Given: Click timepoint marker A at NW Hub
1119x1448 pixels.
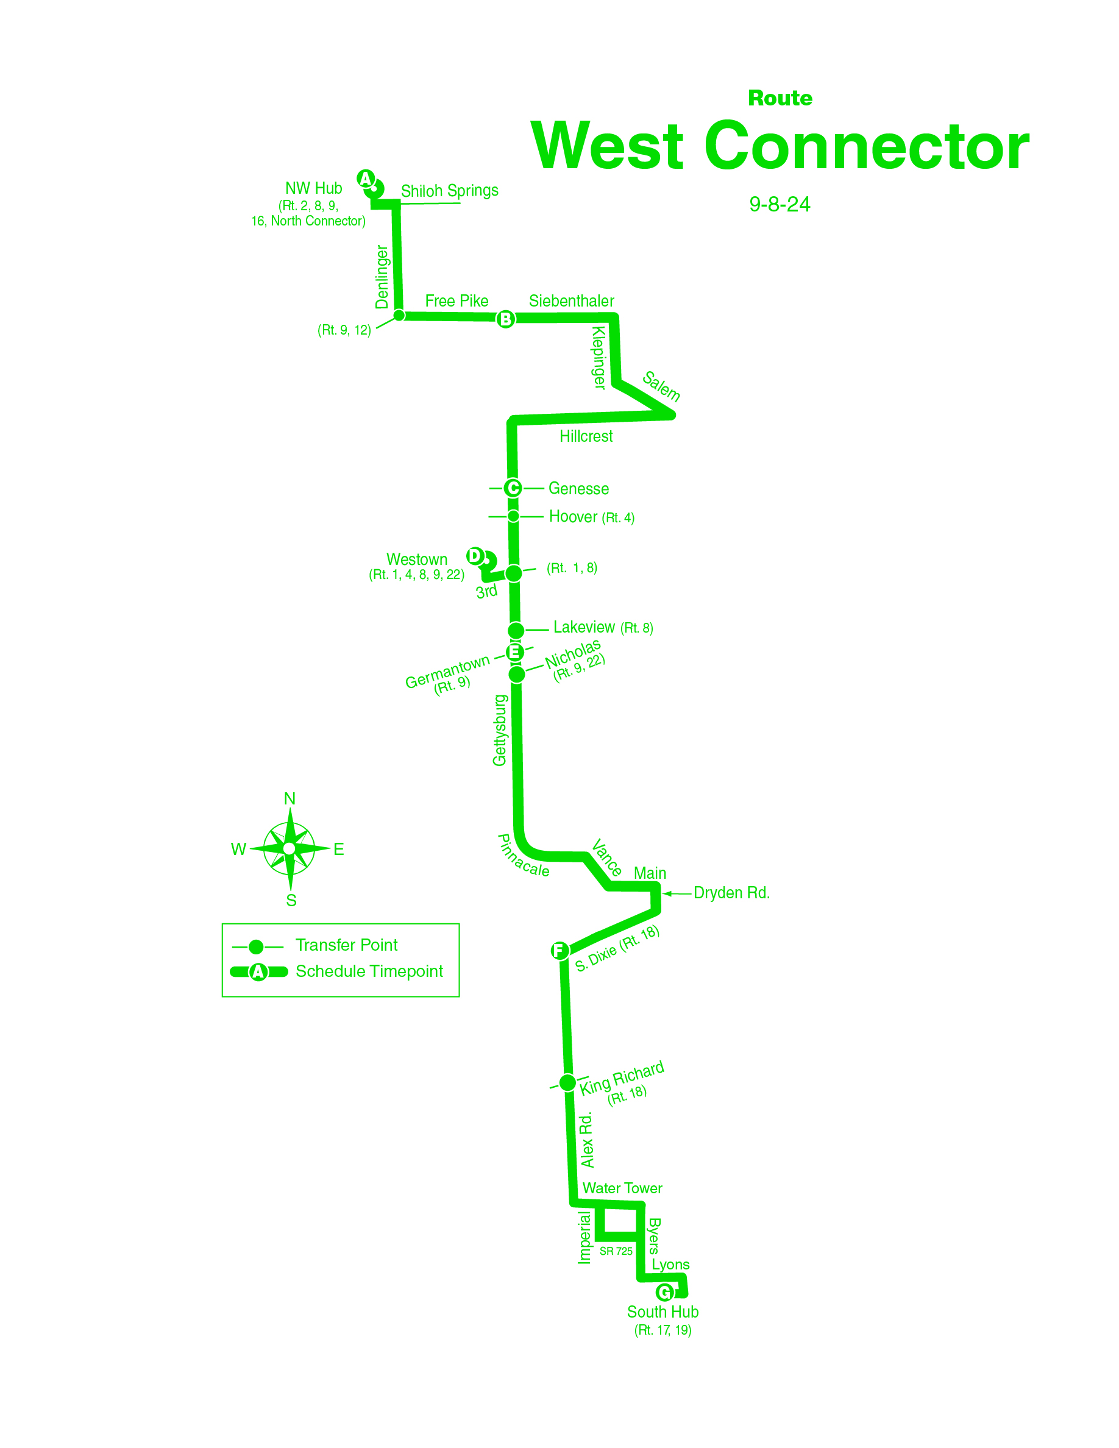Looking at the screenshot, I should coord(365,179).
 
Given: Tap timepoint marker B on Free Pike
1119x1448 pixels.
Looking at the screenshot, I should coord(505,319).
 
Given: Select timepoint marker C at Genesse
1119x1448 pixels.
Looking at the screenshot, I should coord(513,488).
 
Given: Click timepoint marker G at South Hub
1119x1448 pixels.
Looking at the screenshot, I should coord(664,1291).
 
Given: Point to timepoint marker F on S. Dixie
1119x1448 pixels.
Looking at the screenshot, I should coord(559,950).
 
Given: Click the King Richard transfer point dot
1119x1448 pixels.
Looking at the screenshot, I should coord(567,1083).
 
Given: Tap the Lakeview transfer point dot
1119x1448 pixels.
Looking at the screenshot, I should coord(516,630).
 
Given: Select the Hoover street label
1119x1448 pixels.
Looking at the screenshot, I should coord(573,516).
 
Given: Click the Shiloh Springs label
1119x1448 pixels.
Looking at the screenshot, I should coord(449,191).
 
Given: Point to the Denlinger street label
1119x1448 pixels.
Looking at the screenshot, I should coord(382,277).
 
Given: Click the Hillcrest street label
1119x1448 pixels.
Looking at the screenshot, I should coord(586,436).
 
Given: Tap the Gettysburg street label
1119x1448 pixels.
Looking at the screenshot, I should coord(500,730).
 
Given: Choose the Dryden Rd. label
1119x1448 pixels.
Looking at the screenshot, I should coord(731,893).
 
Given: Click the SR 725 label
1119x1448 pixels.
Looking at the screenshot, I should coord(616,1251).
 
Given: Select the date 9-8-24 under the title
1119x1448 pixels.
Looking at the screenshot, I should coord(780,204).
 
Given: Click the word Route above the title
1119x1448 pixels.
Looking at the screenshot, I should coord(780,98).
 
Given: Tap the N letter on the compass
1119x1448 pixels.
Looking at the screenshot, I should coord(290,799).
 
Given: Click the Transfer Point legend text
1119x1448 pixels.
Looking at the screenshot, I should coord(346,945).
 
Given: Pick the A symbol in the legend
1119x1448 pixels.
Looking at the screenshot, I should coord(258,972).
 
